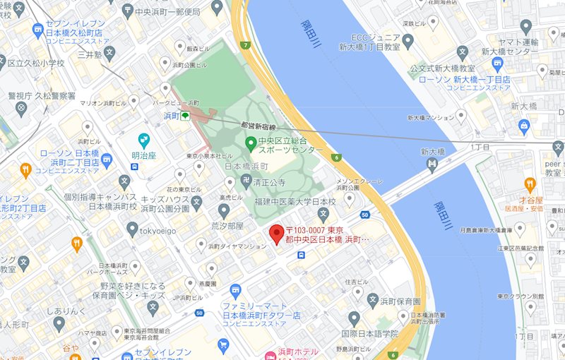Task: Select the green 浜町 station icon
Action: tap(185, 116)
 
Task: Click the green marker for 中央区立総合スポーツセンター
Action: tap(249, 144)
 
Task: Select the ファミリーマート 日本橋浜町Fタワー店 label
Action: tap(261, 311)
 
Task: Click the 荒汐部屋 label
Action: tap(227, 226)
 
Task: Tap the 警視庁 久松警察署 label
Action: tap(42, 95)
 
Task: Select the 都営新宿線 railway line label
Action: tap(260, 124)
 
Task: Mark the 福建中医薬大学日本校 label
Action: tap(295, 202)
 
